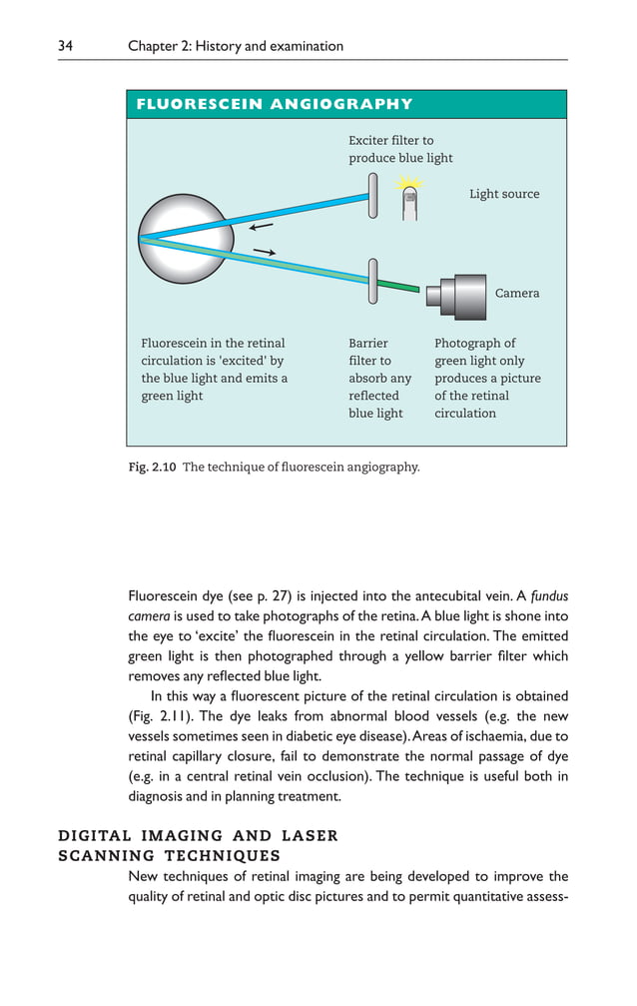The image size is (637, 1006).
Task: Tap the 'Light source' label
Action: click(x=504, y=194)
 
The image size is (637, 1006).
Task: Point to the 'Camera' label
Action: click(x=517, y=293)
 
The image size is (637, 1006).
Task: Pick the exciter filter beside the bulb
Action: click(x=372, y=196)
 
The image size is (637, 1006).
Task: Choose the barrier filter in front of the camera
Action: click(x=372, y=280)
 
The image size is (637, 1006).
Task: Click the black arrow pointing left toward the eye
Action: click(x=260, y=227)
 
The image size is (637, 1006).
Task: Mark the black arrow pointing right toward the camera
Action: click(x=264, y=251)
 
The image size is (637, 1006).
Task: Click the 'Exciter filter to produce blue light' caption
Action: click(x=399, y=150)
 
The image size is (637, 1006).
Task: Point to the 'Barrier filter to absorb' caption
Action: click(x=379, y=378)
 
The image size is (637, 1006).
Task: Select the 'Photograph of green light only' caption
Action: click(x=487, y=378)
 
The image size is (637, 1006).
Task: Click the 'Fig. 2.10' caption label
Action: click(x=150, y=467)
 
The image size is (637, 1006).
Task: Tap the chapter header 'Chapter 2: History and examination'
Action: click(x=236, y=46)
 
